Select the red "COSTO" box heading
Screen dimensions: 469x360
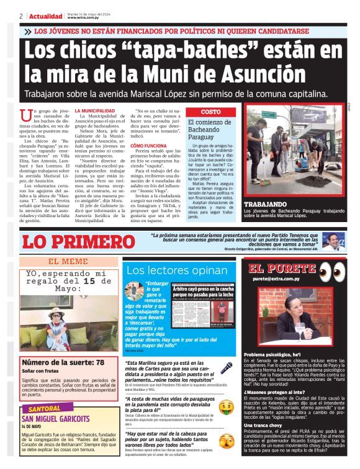(211, 112)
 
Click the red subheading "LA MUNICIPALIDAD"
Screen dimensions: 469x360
(94, 110)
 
